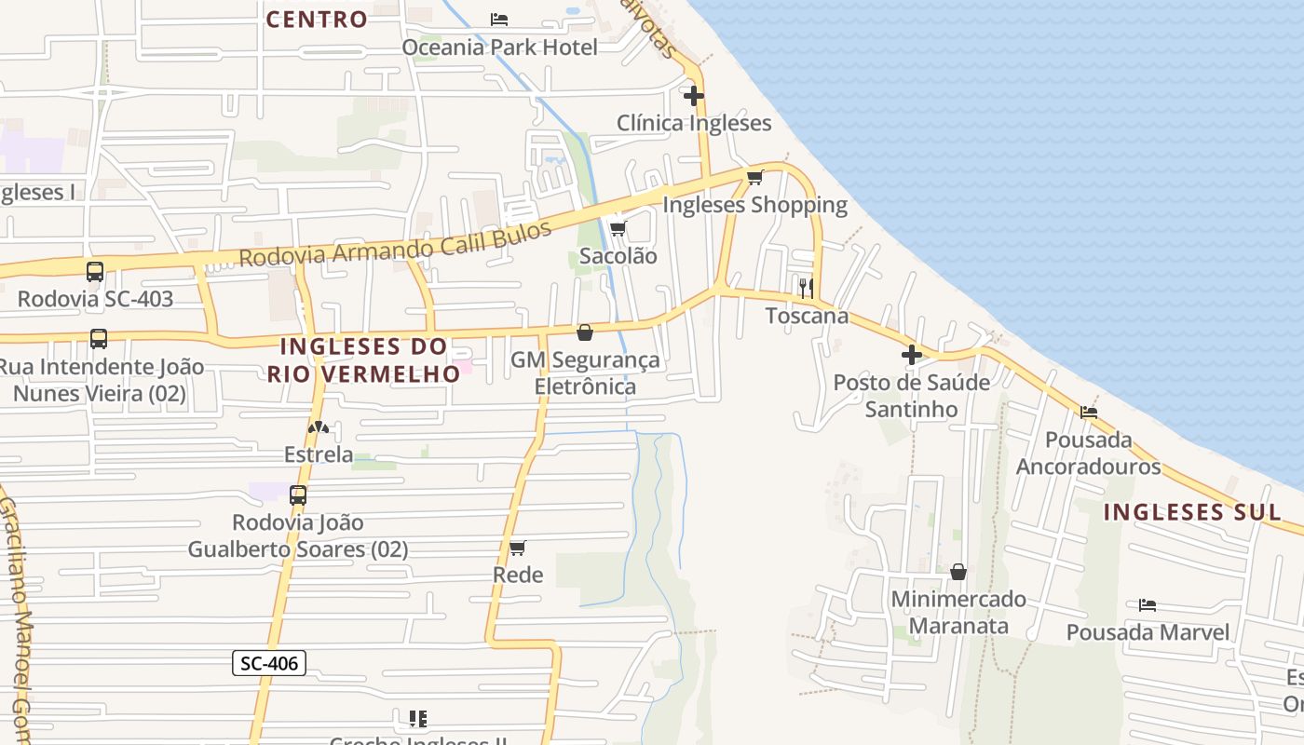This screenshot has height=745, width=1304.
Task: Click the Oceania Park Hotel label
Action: pos(499,47)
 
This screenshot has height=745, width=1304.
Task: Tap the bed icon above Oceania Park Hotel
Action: pos(499,19)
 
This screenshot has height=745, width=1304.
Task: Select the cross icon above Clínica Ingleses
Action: pos(693,95)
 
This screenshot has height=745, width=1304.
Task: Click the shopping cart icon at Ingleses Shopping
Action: pos(754,177)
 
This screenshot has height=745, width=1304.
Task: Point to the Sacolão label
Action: pos(618,255)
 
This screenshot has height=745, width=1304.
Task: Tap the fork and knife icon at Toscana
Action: pos(806,287)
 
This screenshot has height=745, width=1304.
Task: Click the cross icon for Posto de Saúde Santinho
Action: pos(911,354)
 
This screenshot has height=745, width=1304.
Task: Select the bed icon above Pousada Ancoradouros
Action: pos(1088,412)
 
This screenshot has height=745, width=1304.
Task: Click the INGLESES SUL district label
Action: pos(1192,511)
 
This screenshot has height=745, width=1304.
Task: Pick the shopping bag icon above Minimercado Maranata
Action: pos(958,572)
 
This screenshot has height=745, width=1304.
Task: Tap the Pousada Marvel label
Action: pos(1148,632)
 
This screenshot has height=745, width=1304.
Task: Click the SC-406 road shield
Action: pos(268,663)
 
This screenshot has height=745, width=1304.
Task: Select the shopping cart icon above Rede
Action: pos(518,548)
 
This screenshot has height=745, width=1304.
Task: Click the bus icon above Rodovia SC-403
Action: pos(95,272)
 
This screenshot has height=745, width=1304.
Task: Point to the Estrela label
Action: pos(319,454)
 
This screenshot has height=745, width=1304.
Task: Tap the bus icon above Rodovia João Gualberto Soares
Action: pos(298,495)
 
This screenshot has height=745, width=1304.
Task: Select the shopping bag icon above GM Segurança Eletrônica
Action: pos(585,332)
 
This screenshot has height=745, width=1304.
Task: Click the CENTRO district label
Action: pos(317,19)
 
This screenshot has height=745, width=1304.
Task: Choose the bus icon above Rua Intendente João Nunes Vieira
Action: pos(99,339)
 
